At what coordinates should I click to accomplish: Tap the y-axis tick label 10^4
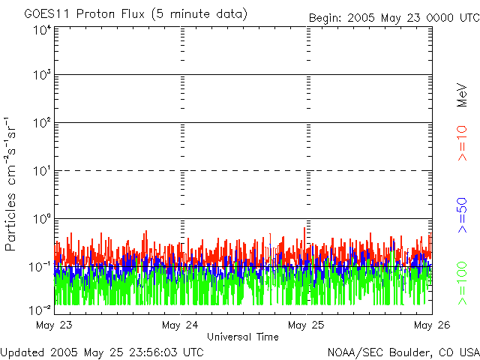point(42,30)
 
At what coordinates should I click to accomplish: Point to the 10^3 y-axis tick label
point(42,75)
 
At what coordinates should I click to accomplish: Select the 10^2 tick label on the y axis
point(42,123)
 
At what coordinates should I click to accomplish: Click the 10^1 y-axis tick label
point(42,171)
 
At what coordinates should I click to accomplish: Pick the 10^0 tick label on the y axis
point(42,219)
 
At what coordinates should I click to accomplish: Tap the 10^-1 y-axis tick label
point(40,267)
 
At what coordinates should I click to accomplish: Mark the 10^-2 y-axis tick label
point(40,310)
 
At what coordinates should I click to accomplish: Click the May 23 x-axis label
point(54,325)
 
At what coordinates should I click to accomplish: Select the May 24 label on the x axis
point(180,325)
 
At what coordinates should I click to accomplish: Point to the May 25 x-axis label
point(306,325)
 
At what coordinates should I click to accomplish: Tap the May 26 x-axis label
point(432,325)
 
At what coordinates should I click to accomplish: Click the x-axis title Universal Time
point(243,337)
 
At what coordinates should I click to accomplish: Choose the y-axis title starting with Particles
point(10,184)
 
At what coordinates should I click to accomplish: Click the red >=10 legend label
point(462,143)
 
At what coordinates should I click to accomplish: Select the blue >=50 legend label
point(462,215)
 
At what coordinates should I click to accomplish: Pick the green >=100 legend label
point(462,283)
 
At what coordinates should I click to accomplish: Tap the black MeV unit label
point(462,95)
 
